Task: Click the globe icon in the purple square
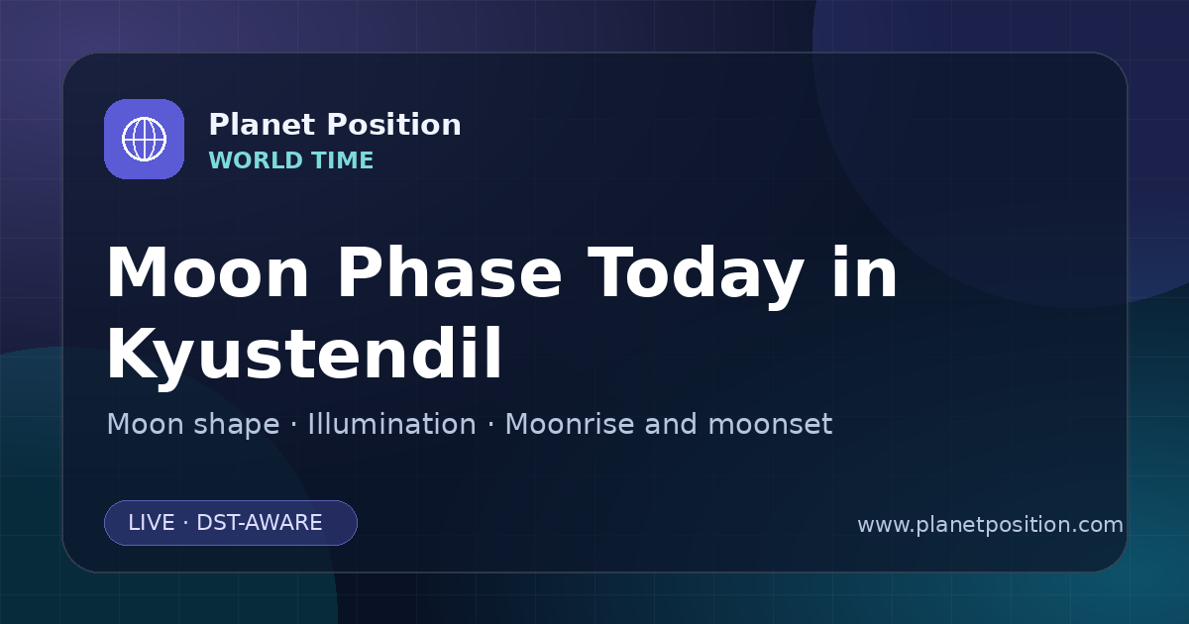point(145,139)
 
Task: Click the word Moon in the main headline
point(207,272)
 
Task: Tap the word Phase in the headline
point(450,272)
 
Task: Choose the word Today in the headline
point(696,277)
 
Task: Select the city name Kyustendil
point(304,354)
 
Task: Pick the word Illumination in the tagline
point(392,424)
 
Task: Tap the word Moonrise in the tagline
point(575,424)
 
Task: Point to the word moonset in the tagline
point(770,425)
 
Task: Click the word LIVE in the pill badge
point(152,523)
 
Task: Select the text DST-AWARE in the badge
point(260,523)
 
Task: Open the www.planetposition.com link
point(991,525)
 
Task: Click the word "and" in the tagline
point(671,424)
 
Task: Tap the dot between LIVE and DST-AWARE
point(186,523)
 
